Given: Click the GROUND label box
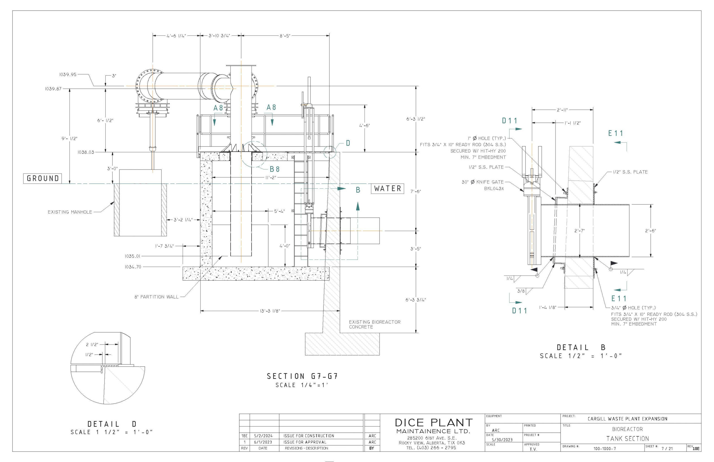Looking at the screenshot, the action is [x=43, y=179].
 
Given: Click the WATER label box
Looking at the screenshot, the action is [x=387, y=189].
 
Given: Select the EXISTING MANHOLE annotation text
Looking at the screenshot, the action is [x=70, y=212].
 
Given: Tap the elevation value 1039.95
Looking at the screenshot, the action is [x=68, y=74].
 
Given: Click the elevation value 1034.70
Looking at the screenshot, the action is [x=133, y=267].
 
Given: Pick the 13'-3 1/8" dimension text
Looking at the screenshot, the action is [x=270, y=311].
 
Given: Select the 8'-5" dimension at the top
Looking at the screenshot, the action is [x=285, y=36].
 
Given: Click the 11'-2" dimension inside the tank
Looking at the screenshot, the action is [x=271, y=178].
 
